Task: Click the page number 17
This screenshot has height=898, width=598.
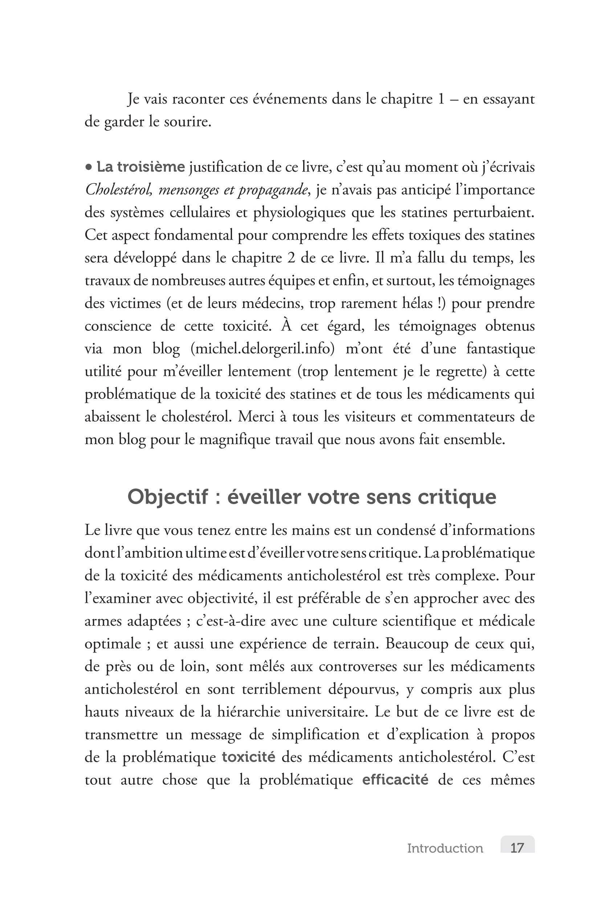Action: [x=517, y=848]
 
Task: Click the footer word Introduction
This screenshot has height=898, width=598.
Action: [x=445, y=848]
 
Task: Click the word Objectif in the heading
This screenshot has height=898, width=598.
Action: [x=168, y=497]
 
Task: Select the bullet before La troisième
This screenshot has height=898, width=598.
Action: [x=89, y=167]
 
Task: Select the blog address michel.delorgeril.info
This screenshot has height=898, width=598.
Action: [x=263, y=349]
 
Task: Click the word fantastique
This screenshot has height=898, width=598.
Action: [x=500, y=349]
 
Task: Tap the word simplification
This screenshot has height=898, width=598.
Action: [x=316, y=735]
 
